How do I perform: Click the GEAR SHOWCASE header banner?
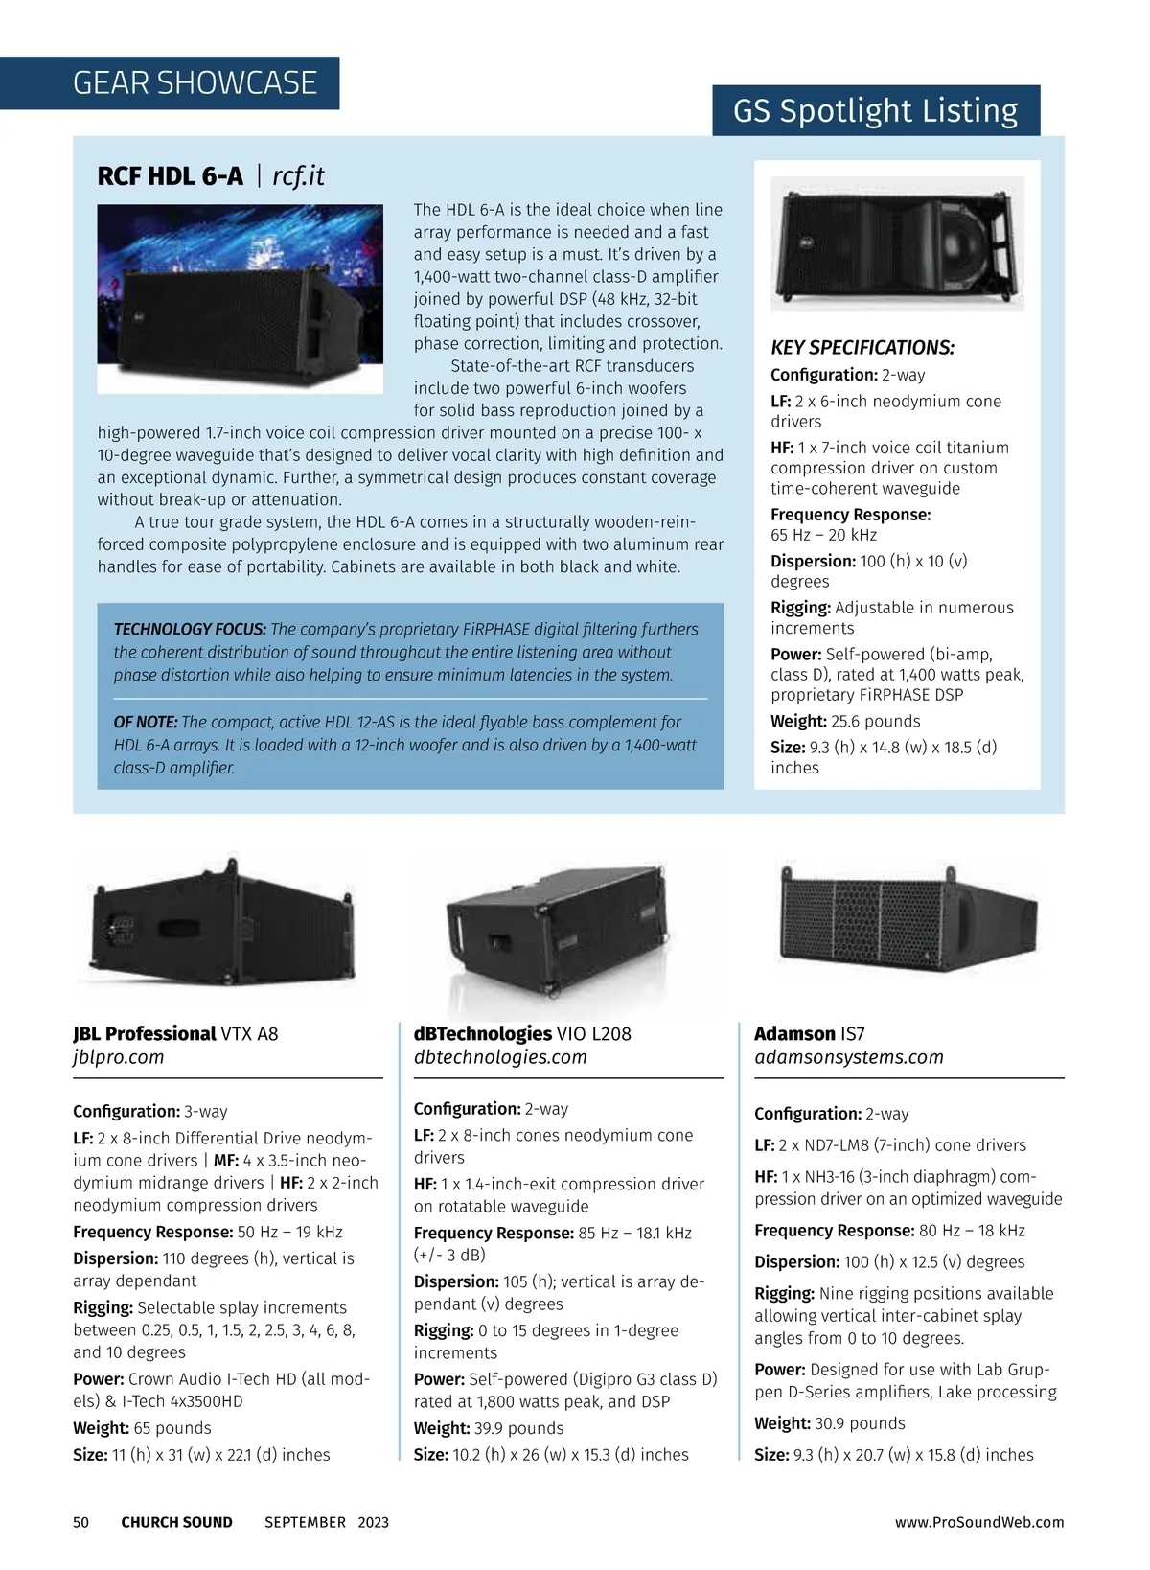pos(195,83)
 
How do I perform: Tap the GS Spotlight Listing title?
pos(875,111)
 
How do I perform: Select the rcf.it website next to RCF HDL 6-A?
pos(298,176)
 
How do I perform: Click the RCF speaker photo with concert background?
pos(240,298)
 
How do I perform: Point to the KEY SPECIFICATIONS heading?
pos(862,348)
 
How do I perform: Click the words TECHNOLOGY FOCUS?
pos(190,630)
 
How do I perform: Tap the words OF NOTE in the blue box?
pos(146,723)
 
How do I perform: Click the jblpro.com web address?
pos(119,1057)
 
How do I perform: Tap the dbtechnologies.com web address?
pos(500,1057)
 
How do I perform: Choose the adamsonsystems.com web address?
pos(849,1057)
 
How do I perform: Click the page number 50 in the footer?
pos(81,1522)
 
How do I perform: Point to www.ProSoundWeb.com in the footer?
pos(979,1522)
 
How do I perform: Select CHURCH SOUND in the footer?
pos(176,1522)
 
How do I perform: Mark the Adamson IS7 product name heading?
pos(810,1033)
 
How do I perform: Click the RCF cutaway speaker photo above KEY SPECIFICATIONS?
pos(897,244)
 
